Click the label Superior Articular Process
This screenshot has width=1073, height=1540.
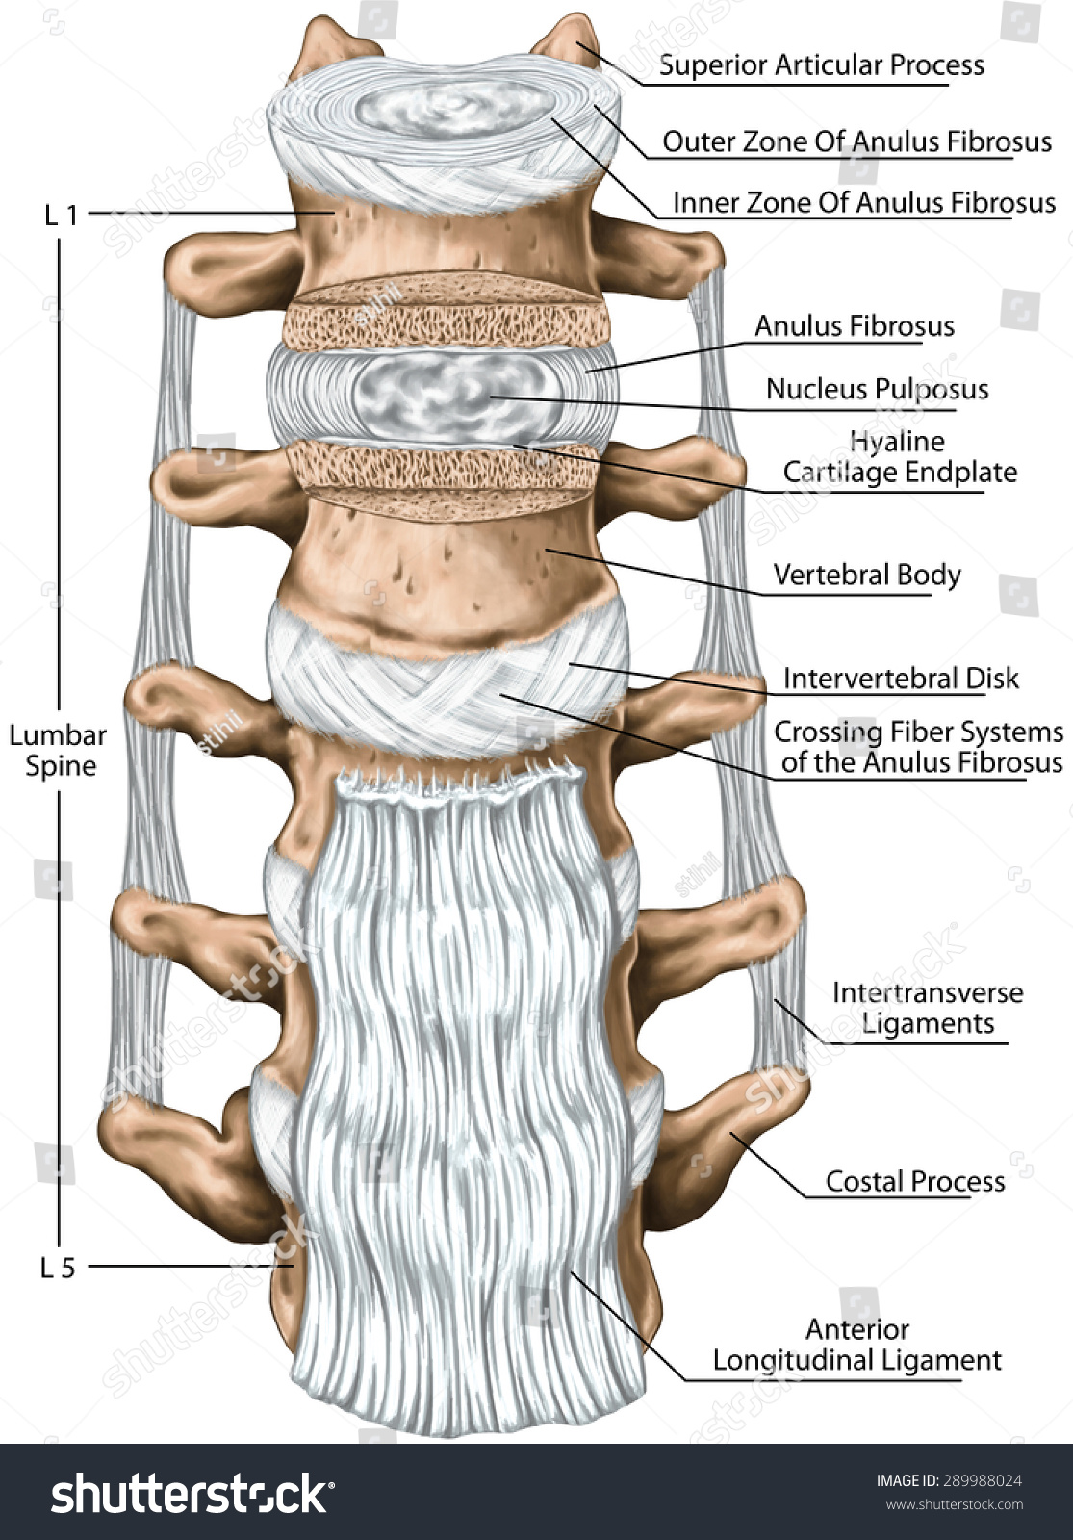click(821, 65)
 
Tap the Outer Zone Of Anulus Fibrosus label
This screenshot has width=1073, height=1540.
click(856, 142)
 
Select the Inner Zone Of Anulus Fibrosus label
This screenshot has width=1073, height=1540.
click(863, 203)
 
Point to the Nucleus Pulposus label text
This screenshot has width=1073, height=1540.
click(877, 390)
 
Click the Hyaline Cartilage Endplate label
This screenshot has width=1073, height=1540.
click(899, 457)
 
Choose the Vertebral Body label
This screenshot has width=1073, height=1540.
click(867, 576)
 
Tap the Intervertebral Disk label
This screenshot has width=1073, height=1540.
click(900, 679)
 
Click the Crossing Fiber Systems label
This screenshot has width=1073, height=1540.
click(918, 747)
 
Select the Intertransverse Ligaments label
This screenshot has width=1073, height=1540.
click(927, 1008)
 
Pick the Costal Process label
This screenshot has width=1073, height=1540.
click(914, 1182)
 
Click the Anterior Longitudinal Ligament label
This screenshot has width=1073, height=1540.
click(856, 1345)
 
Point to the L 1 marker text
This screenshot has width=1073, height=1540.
click(61, 215)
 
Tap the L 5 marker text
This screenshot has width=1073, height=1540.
click(58, 1269)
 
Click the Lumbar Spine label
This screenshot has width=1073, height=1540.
click(59, 751)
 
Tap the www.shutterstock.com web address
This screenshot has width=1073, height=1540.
click(954, 1505)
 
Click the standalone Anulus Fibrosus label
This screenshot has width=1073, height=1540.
click(854, 326)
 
